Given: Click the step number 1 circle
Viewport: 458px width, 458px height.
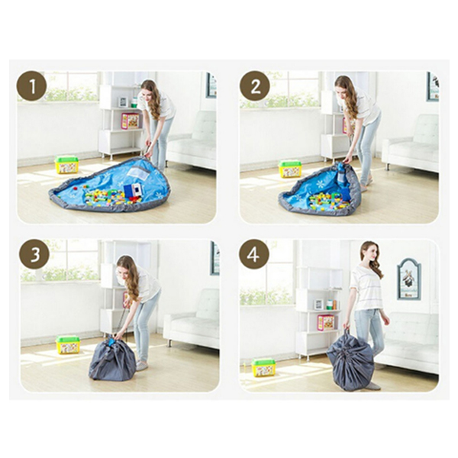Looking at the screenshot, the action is coord(32,86).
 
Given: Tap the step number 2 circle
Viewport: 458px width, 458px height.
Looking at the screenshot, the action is coord(255,86).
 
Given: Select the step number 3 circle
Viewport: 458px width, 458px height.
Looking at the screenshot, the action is coord(34,254).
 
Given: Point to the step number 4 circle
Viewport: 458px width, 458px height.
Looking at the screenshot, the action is coord(254,254).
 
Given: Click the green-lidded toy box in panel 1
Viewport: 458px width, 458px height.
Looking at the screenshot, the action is coord(67,165).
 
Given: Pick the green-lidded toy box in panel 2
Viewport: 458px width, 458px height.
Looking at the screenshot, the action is coord(290,169).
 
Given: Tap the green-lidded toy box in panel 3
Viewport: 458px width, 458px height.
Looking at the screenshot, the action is coord(68,345).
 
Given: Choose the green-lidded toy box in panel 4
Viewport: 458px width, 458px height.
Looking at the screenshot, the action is coord(264,367).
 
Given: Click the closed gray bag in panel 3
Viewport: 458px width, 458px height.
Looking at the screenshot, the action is coord(112,359).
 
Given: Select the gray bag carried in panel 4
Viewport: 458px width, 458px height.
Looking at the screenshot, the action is coord(350,362).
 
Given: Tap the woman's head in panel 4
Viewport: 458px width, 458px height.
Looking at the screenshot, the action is coord(369,253).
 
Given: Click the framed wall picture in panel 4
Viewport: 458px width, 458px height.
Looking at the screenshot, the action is coord(409,279).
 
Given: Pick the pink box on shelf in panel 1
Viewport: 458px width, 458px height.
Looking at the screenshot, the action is coord(131,121).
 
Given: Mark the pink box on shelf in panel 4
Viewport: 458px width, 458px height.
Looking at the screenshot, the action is coord(326,322).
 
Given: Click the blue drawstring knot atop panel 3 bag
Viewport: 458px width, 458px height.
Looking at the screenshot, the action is coord(111,340).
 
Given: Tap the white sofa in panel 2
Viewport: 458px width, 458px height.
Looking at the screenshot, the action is coord(411,144).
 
